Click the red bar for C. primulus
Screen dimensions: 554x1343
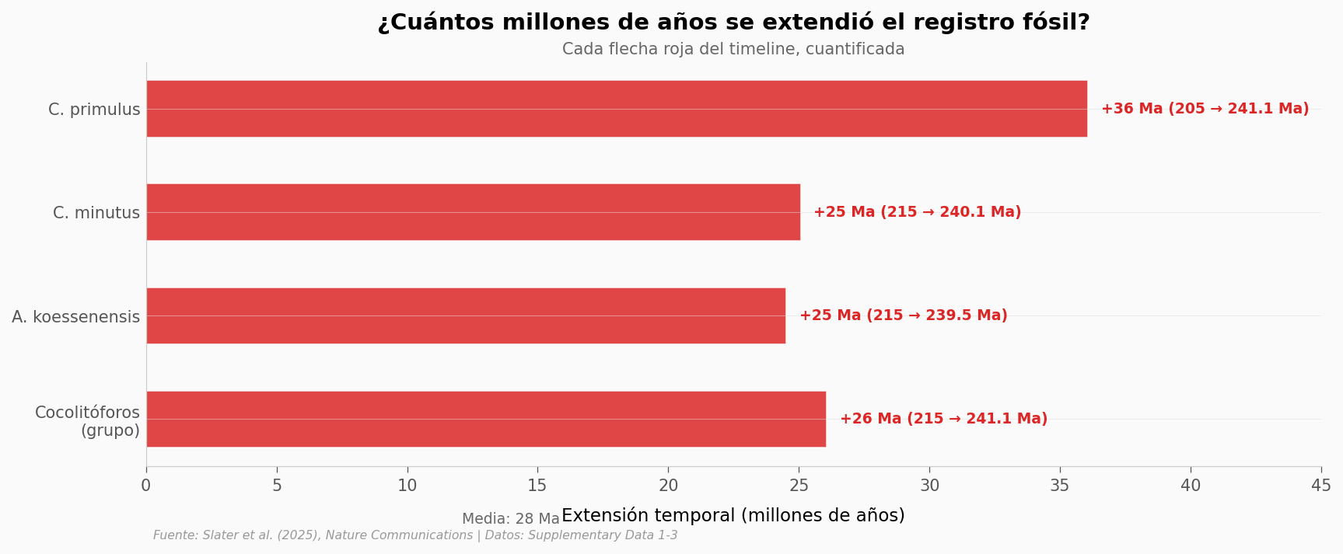pyautogui.click(x=617, y=109)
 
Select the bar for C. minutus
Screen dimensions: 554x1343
pyautogui.click(x=473, y=212)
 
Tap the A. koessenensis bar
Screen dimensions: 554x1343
pyautogui.click(x=466, y=315)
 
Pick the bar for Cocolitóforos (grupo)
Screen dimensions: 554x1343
pyautogui.click(x=486, y=419)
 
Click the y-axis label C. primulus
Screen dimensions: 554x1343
pyautogui.click(x=94, y=110)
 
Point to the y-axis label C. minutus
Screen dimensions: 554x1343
pyautogui.click(x=96, y=213)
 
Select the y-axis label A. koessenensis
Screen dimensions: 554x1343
pyautogui.click(x=76, y=317)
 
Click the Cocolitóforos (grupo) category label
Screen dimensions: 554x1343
pyautogui.click(x=87, y=421)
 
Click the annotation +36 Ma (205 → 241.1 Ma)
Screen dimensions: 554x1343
pyautogui.click(x=1205, y=109)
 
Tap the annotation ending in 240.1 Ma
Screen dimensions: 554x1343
pyautogui.click(x=917, y=212)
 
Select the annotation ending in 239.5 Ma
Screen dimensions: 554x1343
pyautogui.click(x=903, y=315)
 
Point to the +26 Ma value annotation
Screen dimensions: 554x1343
pyautogui.click(x=943, y=419)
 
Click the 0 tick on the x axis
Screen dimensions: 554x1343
pyautogui.click(x=146, y=486)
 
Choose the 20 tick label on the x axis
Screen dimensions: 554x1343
pyautogui.click(x=668, y=486)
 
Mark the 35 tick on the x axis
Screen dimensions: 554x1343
pyautogui.click(x=1060, y=486)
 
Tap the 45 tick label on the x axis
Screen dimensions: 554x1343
pyautogui.click(x=1320, y=486)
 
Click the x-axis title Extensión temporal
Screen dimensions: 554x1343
pyautogui.click(x=733, y=515)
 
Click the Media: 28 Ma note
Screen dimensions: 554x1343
pyautogui.click(x=510, y=519)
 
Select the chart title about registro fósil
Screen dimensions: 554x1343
pyautogui.click(x=733, y=23)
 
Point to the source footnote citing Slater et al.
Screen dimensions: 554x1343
pyautogui.click(x=415, y=535)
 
